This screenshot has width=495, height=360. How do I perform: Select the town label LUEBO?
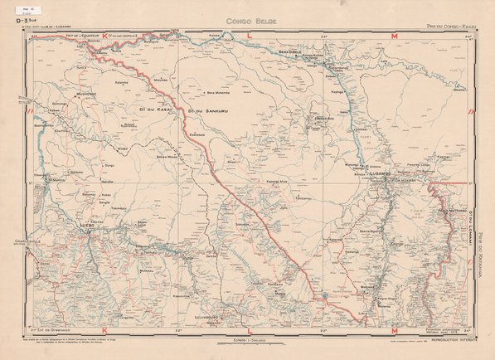click(86, 225)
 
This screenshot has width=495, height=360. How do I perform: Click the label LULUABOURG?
click(201, 316)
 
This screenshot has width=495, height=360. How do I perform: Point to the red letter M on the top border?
click(394, 37)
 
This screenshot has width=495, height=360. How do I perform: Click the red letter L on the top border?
click(250, 37)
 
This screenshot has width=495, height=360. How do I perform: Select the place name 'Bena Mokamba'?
click(221, 93)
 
